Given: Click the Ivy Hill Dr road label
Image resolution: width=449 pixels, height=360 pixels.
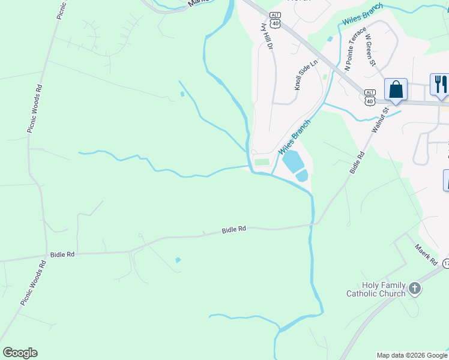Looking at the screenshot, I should click(266, 37).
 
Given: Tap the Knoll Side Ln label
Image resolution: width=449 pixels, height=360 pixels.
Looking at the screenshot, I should click(306, 75).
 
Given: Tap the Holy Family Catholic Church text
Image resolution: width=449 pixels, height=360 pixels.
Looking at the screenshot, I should click(376, 290).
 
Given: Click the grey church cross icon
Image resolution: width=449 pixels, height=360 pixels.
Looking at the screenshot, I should click(414, 290).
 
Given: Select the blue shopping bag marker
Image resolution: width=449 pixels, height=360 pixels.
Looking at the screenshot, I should click(396, 90).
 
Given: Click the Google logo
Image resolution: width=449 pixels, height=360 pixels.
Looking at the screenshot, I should click(20, 353).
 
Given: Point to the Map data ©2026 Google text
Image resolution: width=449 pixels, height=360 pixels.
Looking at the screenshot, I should click(412, 355).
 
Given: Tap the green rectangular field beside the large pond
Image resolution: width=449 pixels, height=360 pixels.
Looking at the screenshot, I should click(262, 162).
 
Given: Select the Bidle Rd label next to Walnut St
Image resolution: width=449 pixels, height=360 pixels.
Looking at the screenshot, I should click(358, 163).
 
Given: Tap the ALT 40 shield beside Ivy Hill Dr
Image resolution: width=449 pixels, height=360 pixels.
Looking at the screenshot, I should click(276, 20).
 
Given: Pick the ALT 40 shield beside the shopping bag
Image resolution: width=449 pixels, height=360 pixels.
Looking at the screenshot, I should click(370, 96).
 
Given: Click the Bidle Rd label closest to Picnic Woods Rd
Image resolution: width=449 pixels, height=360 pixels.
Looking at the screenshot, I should click(62, 254).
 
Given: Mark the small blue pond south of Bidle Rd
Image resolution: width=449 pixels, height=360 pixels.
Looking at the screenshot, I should click(178, 260).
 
